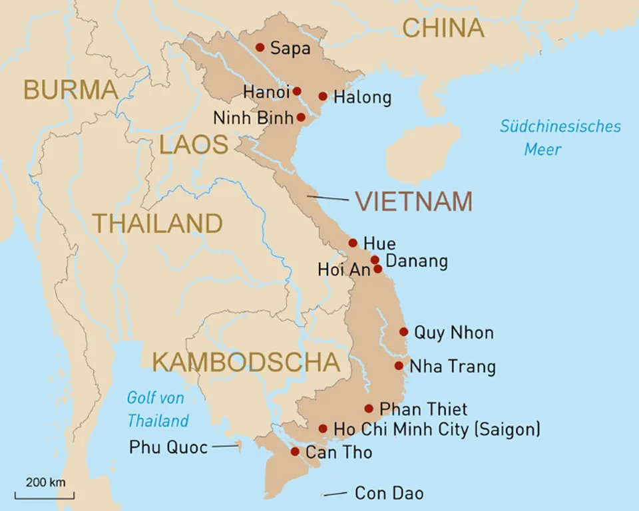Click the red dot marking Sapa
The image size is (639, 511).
[x=260, y=47]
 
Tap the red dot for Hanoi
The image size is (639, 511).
[x=297, y=91]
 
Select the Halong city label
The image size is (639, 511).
[x=362, y=97]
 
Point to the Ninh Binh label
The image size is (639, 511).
[x=253, y=118]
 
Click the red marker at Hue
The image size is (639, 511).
[x=353, y=243]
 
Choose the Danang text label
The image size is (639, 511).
[x=417, y=261]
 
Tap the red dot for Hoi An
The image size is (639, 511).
[x=378, y=269]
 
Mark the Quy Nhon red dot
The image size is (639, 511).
[x=403, y=331]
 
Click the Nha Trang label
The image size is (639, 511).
[x=453, y=367]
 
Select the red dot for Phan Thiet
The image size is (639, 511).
[x=369, y=409]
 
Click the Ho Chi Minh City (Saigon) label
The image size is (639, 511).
[x=437, y=429]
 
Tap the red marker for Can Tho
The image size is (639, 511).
[x=295, y=452]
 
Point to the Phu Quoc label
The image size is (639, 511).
[x=168, y=447]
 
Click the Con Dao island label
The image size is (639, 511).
[x=389, y=493]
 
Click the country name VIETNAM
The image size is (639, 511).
[x=413, y=201]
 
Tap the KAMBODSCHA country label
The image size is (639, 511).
[x=246, y=362]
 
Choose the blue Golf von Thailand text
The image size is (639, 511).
[x=158, y=409]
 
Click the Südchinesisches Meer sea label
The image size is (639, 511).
[x=560, y=137]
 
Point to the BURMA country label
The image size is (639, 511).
[x=71, y=90]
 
